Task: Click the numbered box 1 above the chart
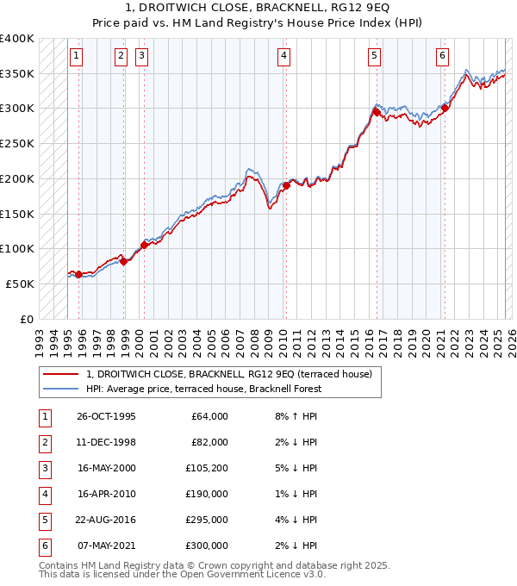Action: (x=77, y=56)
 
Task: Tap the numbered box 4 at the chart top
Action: (x=283, y=56)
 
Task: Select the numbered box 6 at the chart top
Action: (x=442, y=56)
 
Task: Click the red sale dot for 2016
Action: (x=377, y=111)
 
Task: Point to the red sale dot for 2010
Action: (x=285, y=185)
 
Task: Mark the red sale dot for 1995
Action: (x=78, y=274)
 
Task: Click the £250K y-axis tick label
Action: (x=17, y=143)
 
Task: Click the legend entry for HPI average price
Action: (x=203, y=389)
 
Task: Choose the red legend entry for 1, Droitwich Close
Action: (x=228, y=374)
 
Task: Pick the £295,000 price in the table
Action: (x=209, y=521)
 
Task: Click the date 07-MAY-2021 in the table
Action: (x=107, y=545)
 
